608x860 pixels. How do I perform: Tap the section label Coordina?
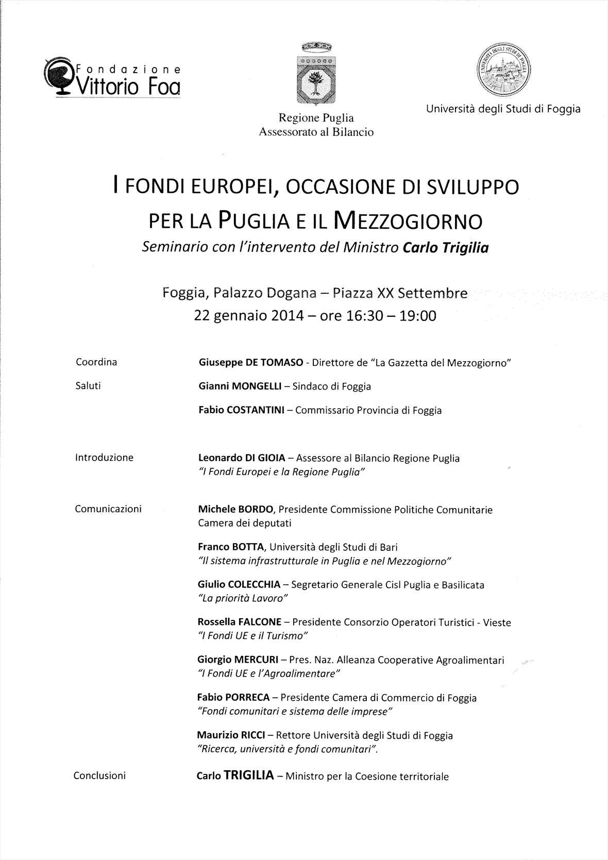[x=96, y=362]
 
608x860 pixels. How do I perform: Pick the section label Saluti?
[x=88, y=386]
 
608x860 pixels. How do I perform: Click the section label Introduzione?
[x=104, y=458]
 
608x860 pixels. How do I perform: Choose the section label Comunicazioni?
[x=108, y=509]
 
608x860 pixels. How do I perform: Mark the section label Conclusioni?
[x=99, y=775]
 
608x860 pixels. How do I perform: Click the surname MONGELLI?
[x=252, y=386]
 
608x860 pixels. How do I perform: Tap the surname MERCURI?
[x=256, y=660]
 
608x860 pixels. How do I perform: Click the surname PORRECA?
[x=247, y=698]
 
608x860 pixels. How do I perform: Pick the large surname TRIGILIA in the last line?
[x=248, y=775]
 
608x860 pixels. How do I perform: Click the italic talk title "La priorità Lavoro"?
[x=243, y=598]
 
